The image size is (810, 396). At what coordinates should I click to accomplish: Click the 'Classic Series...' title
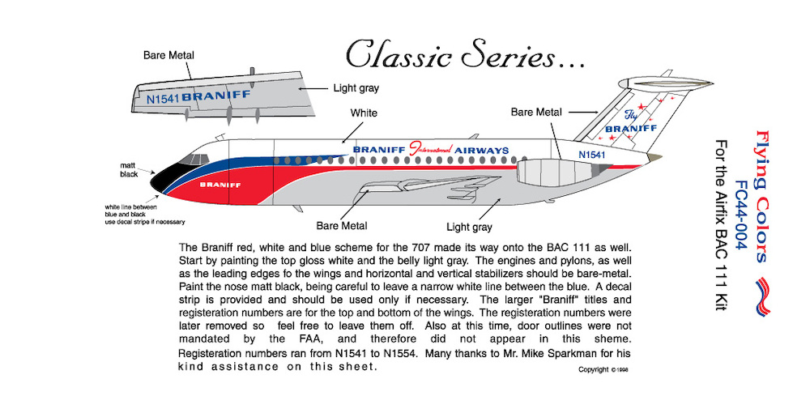pos(466,54)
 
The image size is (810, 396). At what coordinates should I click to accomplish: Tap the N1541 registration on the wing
pos(164,98)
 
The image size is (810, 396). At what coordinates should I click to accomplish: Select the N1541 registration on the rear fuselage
pos(591,155)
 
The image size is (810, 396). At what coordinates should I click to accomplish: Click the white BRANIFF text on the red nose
pos(220,185)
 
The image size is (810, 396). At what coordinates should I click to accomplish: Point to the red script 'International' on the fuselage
pos(430,149)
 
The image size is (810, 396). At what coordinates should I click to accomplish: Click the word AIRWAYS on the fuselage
pos(482,151)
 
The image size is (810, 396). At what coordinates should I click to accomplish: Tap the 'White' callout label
pos(364,112)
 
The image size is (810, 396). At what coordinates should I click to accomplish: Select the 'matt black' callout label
pos(129,170)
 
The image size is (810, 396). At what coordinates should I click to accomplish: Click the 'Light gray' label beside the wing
pos(356,88)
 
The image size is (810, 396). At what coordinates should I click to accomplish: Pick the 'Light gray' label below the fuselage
pos(469,227)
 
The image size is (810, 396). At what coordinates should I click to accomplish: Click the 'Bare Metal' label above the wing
pos(168,55)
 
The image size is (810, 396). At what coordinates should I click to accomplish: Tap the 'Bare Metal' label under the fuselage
pos(342,226)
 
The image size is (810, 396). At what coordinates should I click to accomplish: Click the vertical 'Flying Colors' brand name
pos(761,196)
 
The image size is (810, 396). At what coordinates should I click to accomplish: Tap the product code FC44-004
pos(742,215)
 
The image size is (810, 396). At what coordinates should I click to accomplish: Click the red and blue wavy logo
pos(762,296)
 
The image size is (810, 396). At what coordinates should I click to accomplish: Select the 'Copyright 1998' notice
pos(603,369)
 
